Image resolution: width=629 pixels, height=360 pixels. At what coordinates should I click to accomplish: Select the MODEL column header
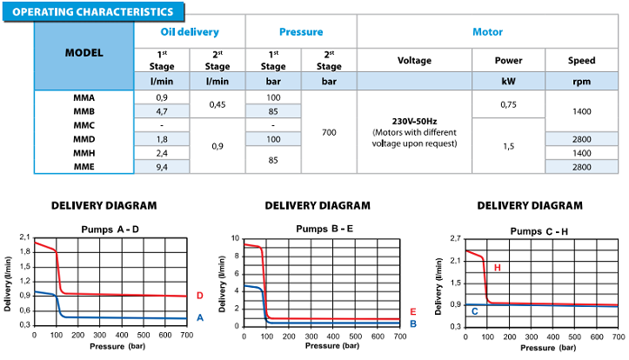click(84, 52)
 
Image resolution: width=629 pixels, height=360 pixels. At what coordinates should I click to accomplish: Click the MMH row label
click(84, 152)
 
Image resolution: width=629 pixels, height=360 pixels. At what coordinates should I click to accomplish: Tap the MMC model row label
click(84, 125)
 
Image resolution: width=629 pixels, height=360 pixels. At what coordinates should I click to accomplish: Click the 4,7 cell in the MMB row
click(162, 111)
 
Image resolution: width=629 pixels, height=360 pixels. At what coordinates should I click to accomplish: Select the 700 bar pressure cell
click(328, 132)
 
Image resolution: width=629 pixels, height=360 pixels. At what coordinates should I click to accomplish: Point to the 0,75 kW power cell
click(507, 104)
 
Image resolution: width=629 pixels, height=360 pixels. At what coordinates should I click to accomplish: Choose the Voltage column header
click(413, 61)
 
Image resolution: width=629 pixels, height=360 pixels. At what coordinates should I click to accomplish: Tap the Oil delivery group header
click(189, 32)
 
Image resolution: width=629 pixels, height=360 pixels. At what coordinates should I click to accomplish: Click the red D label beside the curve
click(199, 297)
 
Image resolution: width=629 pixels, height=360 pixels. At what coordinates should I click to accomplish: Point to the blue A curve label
click(199, 318)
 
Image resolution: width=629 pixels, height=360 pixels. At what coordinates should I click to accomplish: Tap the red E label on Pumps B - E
click(412, 311)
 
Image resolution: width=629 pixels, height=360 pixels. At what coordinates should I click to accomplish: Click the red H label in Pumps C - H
click(498, 267)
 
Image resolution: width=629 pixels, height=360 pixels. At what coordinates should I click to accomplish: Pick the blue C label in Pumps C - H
click(474, 310)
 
